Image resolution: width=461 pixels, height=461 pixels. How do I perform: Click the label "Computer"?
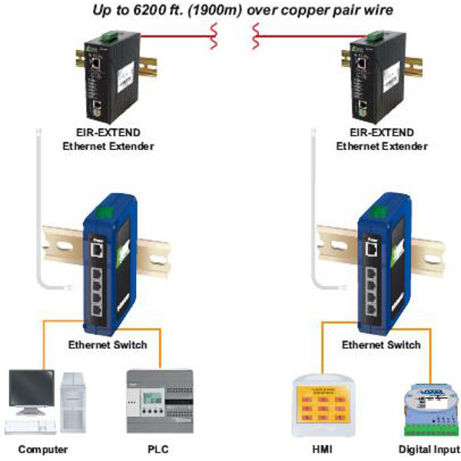coord(43,449)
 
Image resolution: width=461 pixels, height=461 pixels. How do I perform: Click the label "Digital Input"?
coord(427,449)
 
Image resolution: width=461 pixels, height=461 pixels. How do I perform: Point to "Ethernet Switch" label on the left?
coord(107,344)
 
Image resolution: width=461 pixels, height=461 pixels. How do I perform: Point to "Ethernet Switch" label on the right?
coord(381,344)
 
